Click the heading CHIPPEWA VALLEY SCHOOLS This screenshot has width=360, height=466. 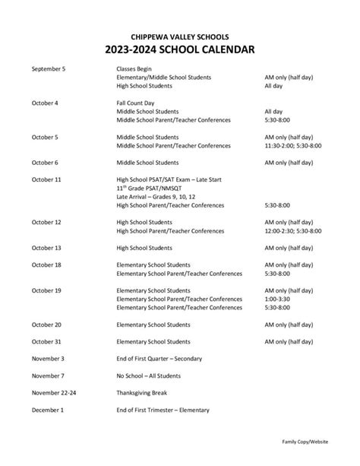point(179,36)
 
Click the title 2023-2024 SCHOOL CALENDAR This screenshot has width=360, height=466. point(179,50)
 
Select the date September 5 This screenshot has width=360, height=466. point(49,68)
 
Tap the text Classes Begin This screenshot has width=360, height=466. point(134,68)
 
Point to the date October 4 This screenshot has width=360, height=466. point(45,102)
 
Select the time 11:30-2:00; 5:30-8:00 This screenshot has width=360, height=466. point(292,145)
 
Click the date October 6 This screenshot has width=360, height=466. point(45,163)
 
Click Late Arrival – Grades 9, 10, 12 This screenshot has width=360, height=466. point(160,196)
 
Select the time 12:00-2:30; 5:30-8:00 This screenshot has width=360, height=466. point(292,230)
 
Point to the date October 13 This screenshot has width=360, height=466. point(46,248)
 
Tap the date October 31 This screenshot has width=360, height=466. point(46,341)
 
